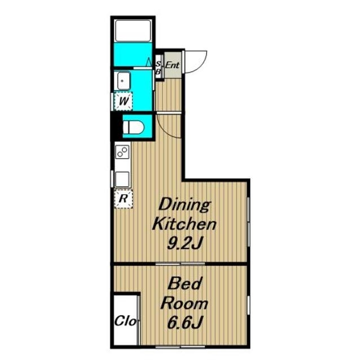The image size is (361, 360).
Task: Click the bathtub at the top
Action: tap(133, 30)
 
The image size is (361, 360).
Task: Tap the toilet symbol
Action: tap(133, 127)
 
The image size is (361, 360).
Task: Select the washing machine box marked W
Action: tap(123, 101)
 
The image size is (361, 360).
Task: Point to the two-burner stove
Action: tap(122, 152)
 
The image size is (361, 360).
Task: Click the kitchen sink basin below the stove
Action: tap(122, 179)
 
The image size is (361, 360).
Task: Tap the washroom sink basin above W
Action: tap(124, 80)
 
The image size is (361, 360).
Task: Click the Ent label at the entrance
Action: tap(172, 65)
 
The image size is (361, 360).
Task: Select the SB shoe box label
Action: tap(158, 68)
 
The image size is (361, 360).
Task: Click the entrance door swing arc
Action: tap(200, 67)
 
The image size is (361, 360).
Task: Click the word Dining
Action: tap(185, 205)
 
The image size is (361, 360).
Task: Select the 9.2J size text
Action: tap(185, 243)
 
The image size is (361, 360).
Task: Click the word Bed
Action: tap(185, 283)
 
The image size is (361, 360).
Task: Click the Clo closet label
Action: tap(126, 321)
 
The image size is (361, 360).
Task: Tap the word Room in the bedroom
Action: tap(184, 303)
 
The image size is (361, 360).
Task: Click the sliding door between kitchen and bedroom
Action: tap(180, 264)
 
